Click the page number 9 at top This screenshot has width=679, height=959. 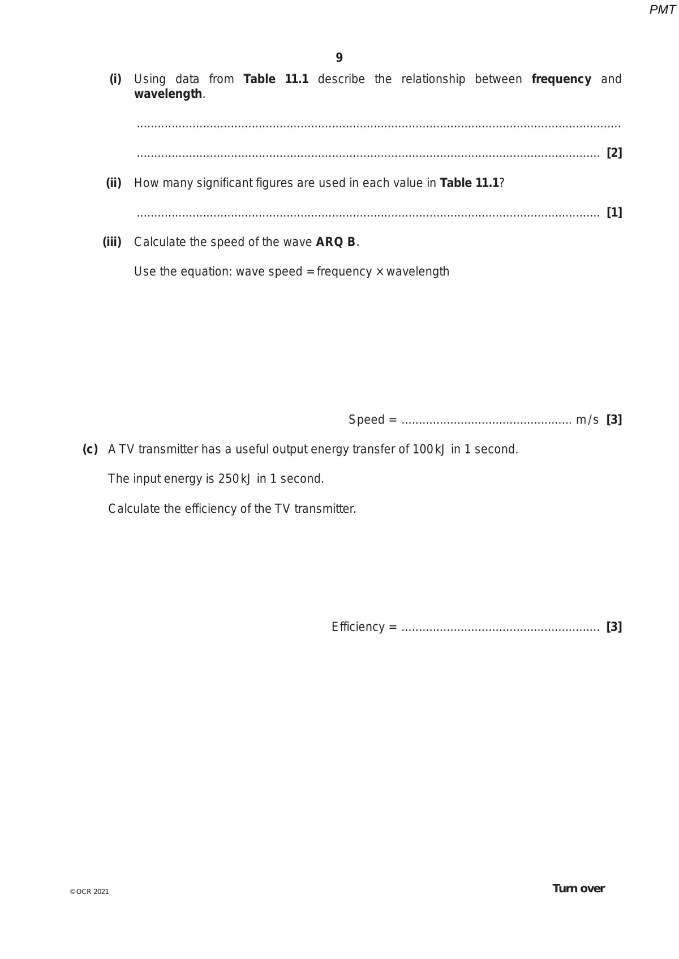(339, 58)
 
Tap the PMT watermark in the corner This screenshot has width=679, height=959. (662, 10)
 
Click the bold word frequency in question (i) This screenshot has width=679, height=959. (561, 79)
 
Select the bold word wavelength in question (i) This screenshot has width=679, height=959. (168, 94)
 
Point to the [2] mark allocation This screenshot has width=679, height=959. (614, 153)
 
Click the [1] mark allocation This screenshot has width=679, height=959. (614, 213)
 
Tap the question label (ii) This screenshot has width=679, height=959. (114, 183)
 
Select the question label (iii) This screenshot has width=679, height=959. (112, 242)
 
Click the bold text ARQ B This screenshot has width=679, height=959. (336, 242)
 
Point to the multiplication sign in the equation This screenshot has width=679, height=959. (380, 272)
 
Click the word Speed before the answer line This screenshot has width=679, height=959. (366, 420)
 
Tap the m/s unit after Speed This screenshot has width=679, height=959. (587, 420)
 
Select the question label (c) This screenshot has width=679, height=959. (90, 450)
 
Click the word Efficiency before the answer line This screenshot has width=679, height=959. (358, 627)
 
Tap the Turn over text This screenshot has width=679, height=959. (578, 888)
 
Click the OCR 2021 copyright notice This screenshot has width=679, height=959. (89, 892)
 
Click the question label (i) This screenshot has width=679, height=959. (115, 79)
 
